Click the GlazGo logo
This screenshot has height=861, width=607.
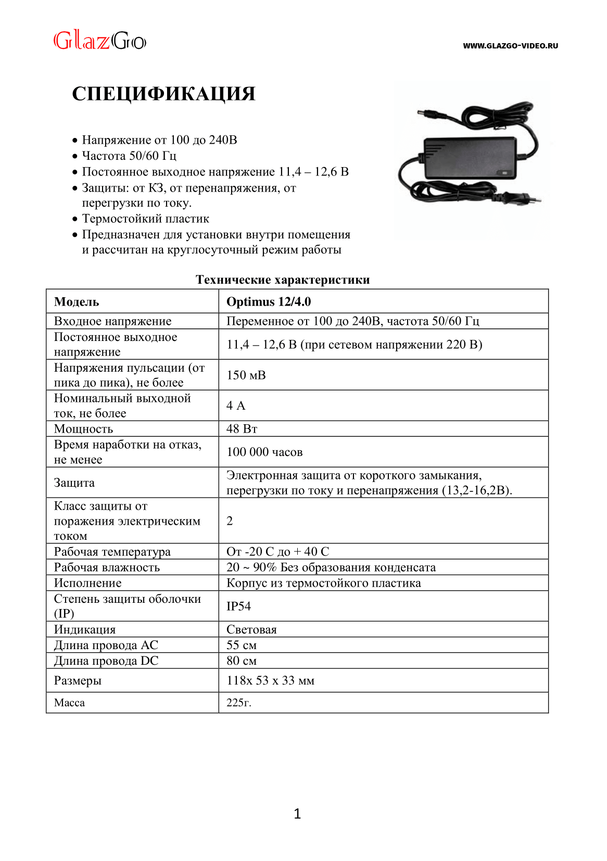[x=100, y=41]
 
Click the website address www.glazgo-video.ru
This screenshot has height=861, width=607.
[x=510, y=46]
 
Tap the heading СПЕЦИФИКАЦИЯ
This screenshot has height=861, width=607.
[x=163, y=94]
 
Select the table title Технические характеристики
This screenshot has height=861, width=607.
[x=283, y=280]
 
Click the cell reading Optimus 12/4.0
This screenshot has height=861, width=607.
[x=269, y=302]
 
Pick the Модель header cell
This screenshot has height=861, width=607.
[x=77, y=302]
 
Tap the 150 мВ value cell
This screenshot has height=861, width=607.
[x=246, y=375]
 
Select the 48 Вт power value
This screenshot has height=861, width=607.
[x=242, y=429]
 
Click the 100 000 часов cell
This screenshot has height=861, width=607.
[x=264, y=452]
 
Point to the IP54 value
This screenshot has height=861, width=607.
[x=238, y=606]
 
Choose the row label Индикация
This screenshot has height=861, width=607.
[x=85, y=629]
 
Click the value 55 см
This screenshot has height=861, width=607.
[x=242, y=645]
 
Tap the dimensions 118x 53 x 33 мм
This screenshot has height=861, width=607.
[x=270, y=680]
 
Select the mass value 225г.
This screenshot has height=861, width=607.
[x=239, y=703]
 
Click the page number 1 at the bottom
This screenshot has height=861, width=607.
[x=297, y=814]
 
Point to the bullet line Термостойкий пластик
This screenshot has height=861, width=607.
[x=146, y=219]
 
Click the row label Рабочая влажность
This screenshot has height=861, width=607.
[x=107, y=567]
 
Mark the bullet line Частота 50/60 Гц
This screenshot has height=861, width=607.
[x=129, y=156]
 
